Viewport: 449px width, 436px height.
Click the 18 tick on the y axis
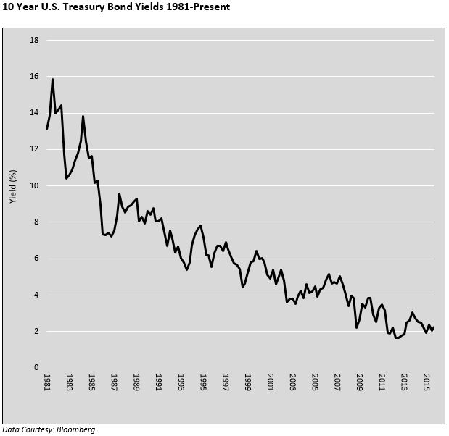pyautogui.click(x=33, y=40)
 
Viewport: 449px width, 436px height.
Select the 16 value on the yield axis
pyautogui.click(x=33, y=76)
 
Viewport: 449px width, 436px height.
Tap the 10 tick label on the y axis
pyautogui.click(x=33, y=185)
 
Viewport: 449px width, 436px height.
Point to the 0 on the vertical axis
pyautogui.click(x=36, y=367)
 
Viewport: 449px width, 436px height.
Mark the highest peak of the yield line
pyautogui.click(x=53, y=79)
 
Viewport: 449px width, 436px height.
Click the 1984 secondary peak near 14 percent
pyautogui.click(x=83, y=116)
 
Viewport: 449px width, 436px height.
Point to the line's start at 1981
pyautogui.click(x=47, y=129)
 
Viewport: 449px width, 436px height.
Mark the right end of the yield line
pyautogui.click(x=434, y=327)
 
